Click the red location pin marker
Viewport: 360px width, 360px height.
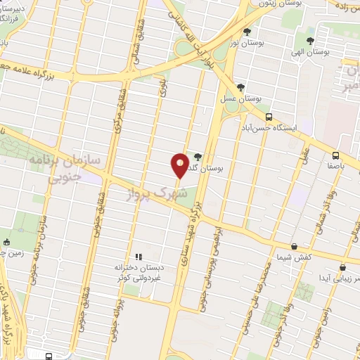(x=180, y=166)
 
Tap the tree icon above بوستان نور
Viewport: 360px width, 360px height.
(x=246, y=31)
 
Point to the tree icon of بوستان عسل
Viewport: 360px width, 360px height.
(x=241, y=87)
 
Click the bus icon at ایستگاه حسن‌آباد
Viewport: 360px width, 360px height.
(x=268, y=117)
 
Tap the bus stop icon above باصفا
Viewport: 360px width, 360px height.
(x=335, y=155)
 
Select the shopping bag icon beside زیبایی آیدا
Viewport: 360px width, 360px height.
(x=342, y=267)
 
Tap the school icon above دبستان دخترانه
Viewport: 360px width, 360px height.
(x=139, y=257)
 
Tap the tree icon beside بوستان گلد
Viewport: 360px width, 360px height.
(x=197, y=157)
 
